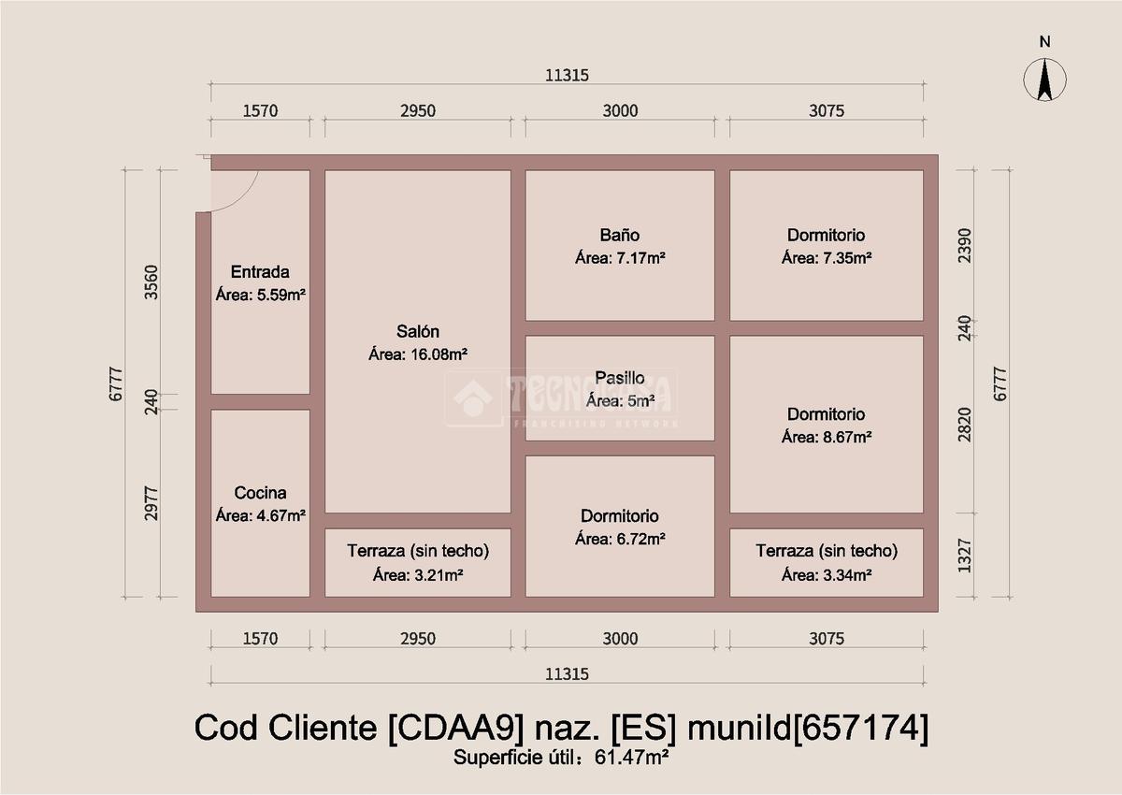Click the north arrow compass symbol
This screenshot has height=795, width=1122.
[x=1045, y=80]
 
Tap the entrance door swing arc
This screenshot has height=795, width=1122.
[x=245, y=198]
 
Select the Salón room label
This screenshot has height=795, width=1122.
[x=418, y=331]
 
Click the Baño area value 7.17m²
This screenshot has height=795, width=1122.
[x=640, y=258]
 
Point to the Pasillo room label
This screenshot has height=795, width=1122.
[x=620, y=378]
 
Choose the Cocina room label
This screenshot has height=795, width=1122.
[x=260, y=493]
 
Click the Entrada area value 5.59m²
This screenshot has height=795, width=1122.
[x=281, y=295]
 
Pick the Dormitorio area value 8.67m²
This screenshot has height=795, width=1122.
[x=847, y=437]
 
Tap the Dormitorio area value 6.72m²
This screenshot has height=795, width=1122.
[x=640, y=539]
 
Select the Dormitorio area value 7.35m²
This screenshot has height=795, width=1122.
[x=847, y=258]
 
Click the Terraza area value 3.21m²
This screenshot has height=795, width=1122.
[x=439, y=574]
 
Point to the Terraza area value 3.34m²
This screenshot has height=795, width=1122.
[x=847, y=574]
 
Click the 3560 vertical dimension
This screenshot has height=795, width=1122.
[x=151, y=282]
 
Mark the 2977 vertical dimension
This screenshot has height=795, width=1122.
[x=151, y=503]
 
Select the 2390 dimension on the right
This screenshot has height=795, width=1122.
[x=964, y=245]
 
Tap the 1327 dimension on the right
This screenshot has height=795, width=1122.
[x=964, y=556]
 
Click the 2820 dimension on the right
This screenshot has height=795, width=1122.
[x=964, y=425]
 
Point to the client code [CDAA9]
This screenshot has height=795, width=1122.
[x=456, y=728]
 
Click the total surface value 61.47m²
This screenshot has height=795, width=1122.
[x=631, y=757]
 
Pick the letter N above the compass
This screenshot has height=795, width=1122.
[x=1045, y=41]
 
